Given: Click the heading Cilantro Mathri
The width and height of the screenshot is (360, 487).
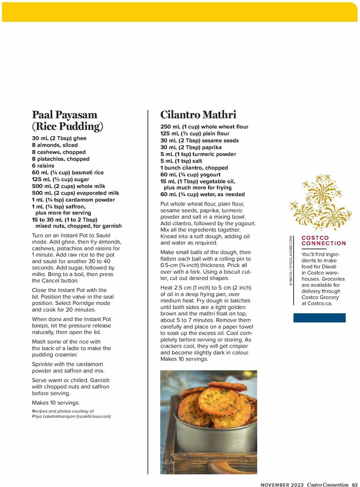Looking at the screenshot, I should click(x=198, y=115).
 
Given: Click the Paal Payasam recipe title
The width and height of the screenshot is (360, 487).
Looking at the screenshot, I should click(x=67, y=120).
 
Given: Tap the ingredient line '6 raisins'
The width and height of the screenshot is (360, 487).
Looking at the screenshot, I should click(x=43, y=166).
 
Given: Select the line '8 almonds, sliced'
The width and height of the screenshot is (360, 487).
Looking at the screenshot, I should click(x=55, y=145).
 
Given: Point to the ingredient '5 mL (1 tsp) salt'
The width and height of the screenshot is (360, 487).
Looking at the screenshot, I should click(x=181, y=161).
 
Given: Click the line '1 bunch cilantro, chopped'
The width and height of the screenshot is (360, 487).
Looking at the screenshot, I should click(x=194, y=168).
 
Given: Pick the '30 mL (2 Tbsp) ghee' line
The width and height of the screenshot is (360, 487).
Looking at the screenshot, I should click(x=59, y=138).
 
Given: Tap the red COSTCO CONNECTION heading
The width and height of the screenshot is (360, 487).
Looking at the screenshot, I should click(x=323, y=240).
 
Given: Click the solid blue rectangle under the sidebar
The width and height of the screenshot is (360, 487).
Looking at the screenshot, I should click(x=319, y=318).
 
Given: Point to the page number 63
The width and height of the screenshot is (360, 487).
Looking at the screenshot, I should click(x=355, y=485).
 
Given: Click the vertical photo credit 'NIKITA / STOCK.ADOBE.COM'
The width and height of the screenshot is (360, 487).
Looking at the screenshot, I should click(x=291, y=260).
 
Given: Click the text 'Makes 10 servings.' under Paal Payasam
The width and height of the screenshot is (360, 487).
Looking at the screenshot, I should click(x=56, y=403).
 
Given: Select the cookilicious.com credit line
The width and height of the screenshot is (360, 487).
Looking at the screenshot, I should click(x=71, y=416).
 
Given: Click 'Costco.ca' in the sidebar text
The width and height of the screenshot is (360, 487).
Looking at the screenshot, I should click(x=320, y=303).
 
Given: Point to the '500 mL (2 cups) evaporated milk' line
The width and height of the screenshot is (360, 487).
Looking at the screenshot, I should click(x=75, y=193).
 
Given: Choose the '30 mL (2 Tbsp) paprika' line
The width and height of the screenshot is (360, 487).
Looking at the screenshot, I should click(x=191, y=147).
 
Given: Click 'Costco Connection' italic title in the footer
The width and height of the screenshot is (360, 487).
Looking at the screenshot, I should click(x=328, y=485).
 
